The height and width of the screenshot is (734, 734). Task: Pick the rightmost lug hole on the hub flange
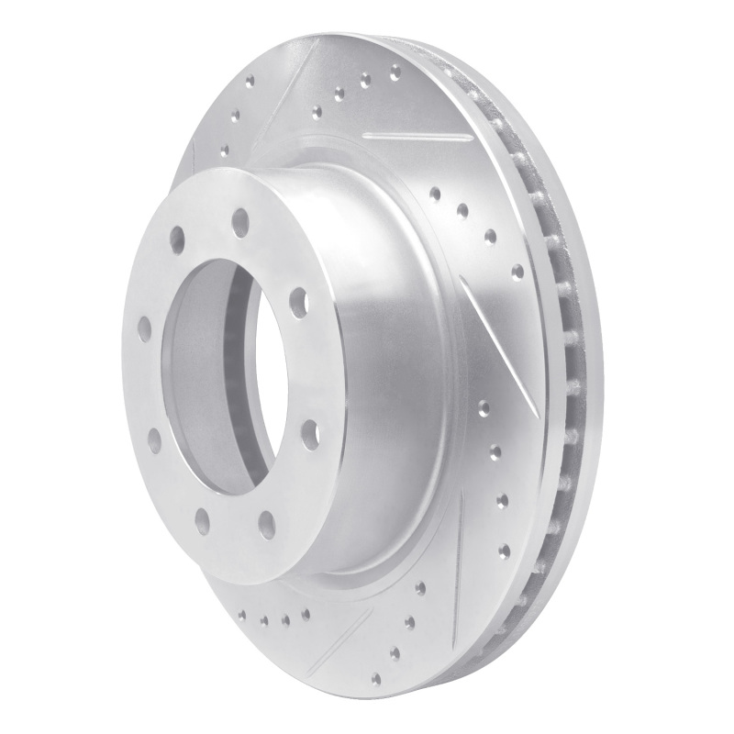coord(310,429)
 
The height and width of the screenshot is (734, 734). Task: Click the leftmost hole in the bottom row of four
coord(243,617)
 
